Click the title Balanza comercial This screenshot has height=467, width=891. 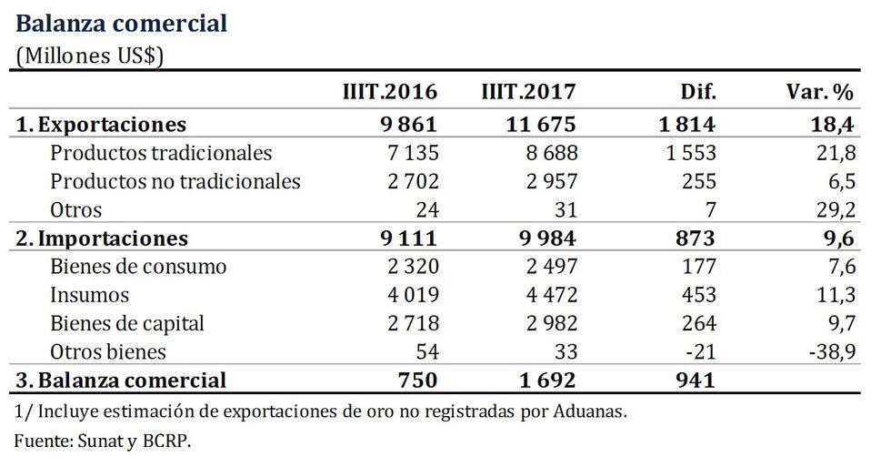pyautogui.click(x=122, y=23)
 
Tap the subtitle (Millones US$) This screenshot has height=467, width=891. pyautogui.click(x=89, y=55)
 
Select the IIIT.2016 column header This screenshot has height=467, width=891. pyautogui.click(x=389, y=92)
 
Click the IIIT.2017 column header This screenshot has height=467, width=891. pyautogui.click(x=527, y=92)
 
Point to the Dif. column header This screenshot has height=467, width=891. pyautogui.click(x=697, y=92)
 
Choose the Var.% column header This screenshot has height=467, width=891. pyautogui.click(x=819, y=92)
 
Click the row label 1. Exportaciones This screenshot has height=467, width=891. pyautogui.click(x=101, y=124)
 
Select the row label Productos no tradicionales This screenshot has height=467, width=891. pyautogui.click(x=175, y=181)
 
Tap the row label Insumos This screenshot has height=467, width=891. pyautogui.click(x=90, y=295)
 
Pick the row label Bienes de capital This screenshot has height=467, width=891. pyautogui.click(x=127, y=323)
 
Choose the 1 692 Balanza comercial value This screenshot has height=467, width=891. pyautogui.click(x=542, y=380)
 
